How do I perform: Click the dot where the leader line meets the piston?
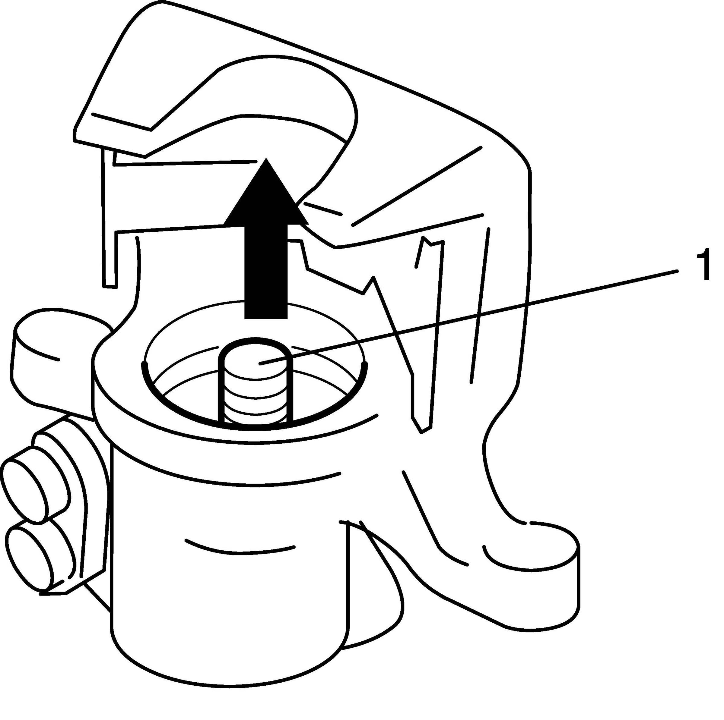point(260,363)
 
